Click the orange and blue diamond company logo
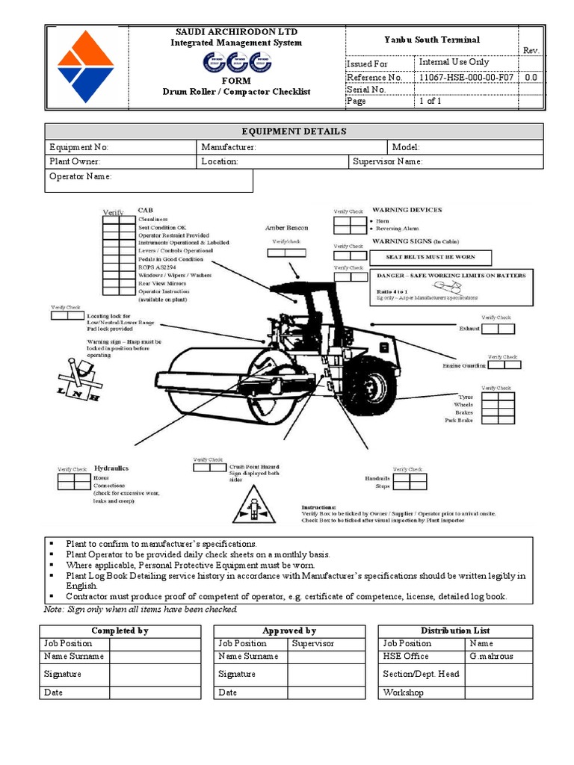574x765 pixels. [87, 66]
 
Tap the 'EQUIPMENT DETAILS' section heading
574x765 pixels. [294, 131]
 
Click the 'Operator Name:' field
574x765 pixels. [81, 176]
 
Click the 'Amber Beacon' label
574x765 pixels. [286, 228]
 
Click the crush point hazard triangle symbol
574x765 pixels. [254, 511]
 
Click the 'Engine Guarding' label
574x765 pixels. [464, 365]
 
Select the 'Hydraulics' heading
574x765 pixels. [111, 468]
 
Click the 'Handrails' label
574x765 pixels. [377, 478]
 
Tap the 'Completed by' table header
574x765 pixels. [120, 631]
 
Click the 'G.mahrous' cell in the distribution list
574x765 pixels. [492, 656]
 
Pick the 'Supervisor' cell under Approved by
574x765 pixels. [313, 643]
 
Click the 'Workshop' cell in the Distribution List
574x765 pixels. [404, 693]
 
